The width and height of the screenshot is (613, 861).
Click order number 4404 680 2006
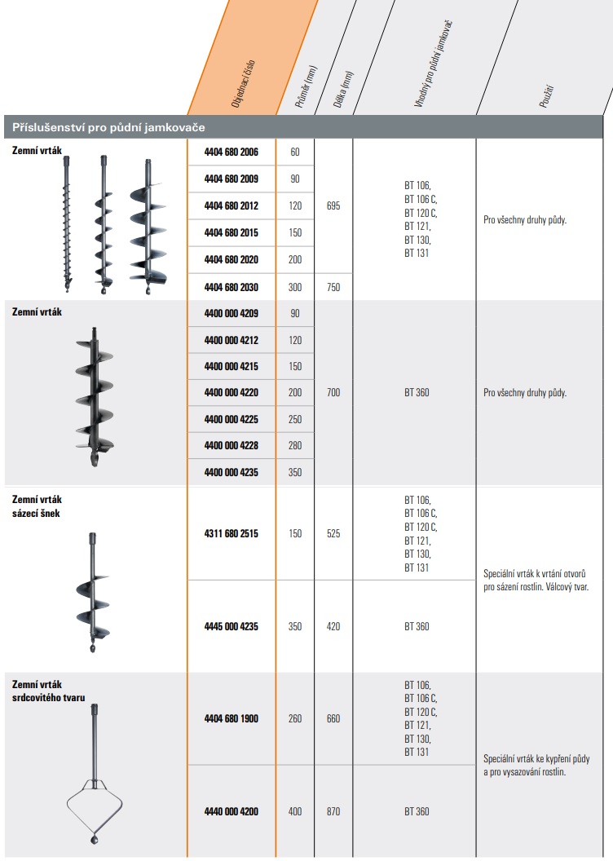231,152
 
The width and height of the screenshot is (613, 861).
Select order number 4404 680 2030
231,287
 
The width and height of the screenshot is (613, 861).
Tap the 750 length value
333,287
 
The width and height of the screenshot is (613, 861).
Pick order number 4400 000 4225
231,419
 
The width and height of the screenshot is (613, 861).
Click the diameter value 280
295,446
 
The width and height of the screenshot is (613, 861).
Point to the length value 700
333,392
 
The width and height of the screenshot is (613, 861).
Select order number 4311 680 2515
231,533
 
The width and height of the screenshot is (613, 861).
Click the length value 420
333,626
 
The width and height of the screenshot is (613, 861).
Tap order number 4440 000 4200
231,811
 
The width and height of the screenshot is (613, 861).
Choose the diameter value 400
295,811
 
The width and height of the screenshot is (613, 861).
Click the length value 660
333,718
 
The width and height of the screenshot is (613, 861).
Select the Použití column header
547,95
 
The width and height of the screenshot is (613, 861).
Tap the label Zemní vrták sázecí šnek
37,506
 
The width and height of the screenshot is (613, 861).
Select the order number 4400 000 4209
231,312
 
